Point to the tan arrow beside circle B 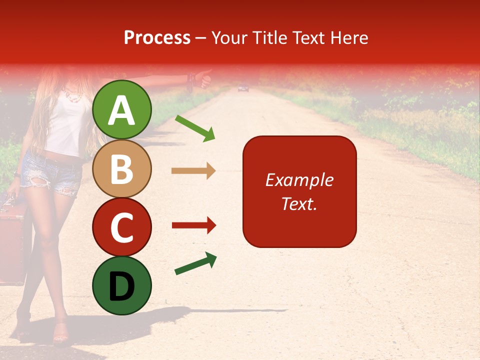[x=193, y=171]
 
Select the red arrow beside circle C [x=193, y=225]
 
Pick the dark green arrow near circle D [x=195, y=263]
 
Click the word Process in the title [x=157, y=37]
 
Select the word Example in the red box [x=299, y=180]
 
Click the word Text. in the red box [x=299, y=203]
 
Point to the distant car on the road [x=243, y=88]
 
